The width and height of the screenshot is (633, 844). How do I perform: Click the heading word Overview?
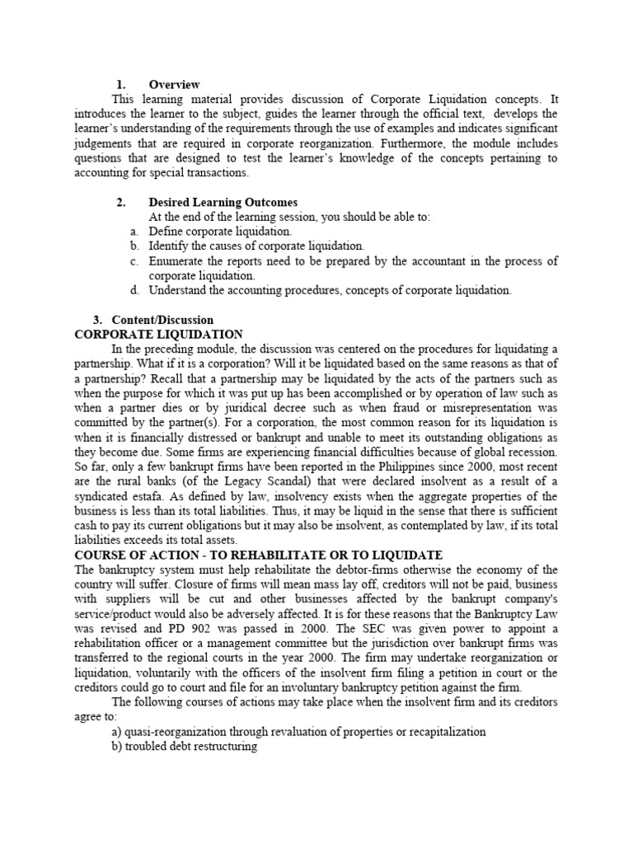(x=174, y=84)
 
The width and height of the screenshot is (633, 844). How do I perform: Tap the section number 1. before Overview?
(x=120, y=84)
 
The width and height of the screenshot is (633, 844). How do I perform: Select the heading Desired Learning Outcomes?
(x=223, y=202)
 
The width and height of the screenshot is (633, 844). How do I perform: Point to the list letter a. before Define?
(x=134, y=232)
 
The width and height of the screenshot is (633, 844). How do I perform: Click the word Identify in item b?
(x=169, y=246)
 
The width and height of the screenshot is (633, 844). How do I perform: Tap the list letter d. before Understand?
(x=134, y=290)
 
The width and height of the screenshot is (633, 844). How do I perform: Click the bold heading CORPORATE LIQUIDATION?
(x=159, y=335)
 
